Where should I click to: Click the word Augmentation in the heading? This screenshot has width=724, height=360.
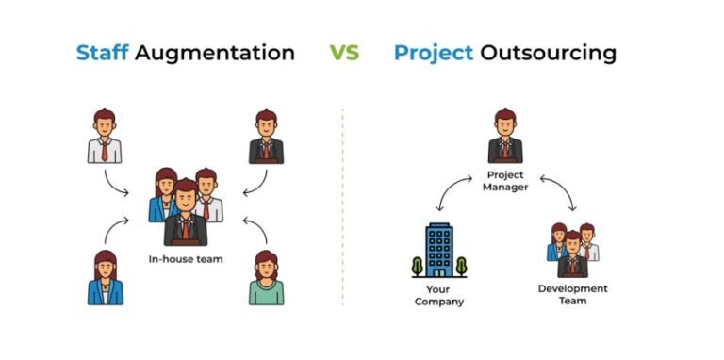tap(216, 52)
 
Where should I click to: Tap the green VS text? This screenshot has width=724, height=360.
tap(344, 52)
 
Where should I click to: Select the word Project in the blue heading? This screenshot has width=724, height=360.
tap(433, 52)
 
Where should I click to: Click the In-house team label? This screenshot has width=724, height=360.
tap(186, 258)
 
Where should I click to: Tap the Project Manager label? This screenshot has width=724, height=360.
tap(505, 181)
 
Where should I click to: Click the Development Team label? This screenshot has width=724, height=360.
tap(572, 294)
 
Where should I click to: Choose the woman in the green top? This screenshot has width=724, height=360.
tap(265, 278)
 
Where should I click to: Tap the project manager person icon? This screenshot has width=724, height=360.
tap(505, 137)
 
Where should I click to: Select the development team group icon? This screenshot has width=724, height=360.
tap(571, 249)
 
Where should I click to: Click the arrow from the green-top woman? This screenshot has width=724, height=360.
tap(252, 226)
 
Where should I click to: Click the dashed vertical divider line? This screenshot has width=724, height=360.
tap(342, 207)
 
